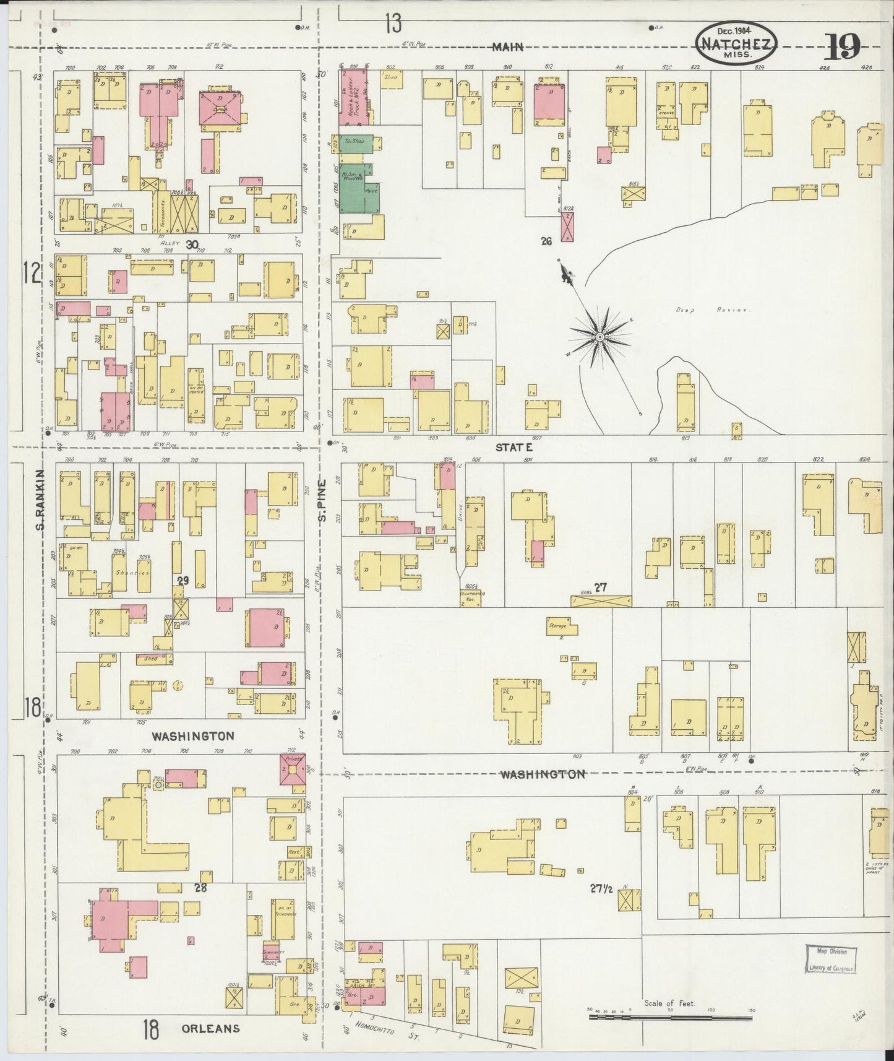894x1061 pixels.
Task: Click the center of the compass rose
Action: pos(600,336)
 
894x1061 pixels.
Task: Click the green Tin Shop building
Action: pos(356,143)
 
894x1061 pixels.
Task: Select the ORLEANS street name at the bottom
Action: pos(210,1028)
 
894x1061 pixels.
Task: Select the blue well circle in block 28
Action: pos(158,784)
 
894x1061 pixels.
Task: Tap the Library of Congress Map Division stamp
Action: pos(831,959)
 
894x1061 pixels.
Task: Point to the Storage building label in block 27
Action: pos(557,626)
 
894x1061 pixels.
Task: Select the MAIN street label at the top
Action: pos(509,46)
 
